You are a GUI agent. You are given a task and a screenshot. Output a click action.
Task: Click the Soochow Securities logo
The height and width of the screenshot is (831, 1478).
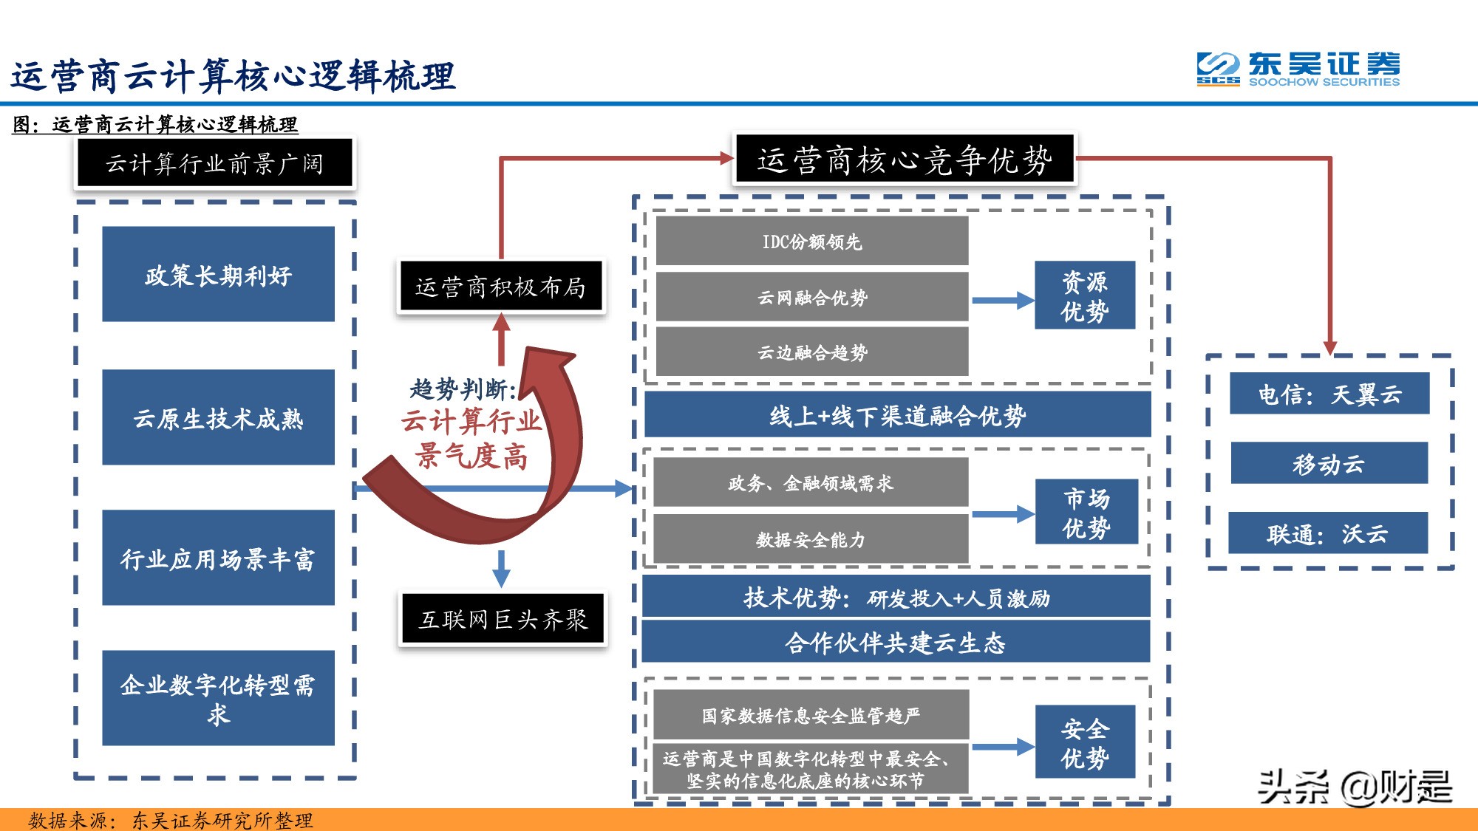(1298, 69)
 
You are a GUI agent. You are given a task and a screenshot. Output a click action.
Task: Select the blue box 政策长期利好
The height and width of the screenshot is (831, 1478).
(218, 274)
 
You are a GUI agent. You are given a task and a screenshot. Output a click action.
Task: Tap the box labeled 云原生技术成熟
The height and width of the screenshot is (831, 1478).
(218, 417)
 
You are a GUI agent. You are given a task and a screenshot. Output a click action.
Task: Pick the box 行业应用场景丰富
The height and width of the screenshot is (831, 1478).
(218, 558)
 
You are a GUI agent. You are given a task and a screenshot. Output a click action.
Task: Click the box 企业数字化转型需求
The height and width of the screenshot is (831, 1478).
(218, 698)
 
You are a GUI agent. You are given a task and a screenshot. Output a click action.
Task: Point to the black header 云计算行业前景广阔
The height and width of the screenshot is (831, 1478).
(214, 163)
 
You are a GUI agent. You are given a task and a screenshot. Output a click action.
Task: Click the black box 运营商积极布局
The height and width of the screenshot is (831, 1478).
(500, 287)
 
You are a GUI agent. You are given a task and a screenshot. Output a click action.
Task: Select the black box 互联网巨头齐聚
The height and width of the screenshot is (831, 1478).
(503, 619)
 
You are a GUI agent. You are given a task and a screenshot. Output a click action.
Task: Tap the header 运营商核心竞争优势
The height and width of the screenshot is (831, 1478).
(905, 160)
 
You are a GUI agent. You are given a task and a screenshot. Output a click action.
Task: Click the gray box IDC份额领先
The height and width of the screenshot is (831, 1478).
(811, 242)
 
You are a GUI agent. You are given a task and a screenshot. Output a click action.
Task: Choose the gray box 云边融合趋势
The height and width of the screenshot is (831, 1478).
(811, 352)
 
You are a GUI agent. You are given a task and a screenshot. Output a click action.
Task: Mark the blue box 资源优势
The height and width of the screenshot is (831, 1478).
(1084, 295)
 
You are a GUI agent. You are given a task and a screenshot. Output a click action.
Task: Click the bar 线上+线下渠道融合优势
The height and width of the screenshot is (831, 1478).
(897, 415)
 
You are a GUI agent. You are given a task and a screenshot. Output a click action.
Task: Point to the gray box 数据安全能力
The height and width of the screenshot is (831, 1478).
(811, 539)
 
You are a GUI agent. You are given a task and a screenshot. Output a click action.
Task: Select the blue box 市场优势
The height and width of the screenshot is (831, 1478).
(1086, 513)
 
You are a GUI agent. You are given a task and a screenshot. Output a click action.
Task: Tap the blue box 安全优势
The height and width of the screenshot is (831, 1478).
(1084, 742)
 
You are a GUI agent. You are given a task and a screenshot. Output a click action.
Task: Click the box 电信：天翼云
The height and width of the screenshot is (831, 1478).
(1329, 394)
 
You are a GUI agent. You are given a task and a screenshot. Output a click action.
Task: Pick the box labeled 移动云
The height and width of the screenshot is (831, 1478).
(1329, 463)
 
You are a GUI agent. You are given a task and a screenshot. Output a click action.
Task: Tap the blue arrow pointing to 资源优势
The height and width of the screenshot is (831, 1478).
(1002, 301)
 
